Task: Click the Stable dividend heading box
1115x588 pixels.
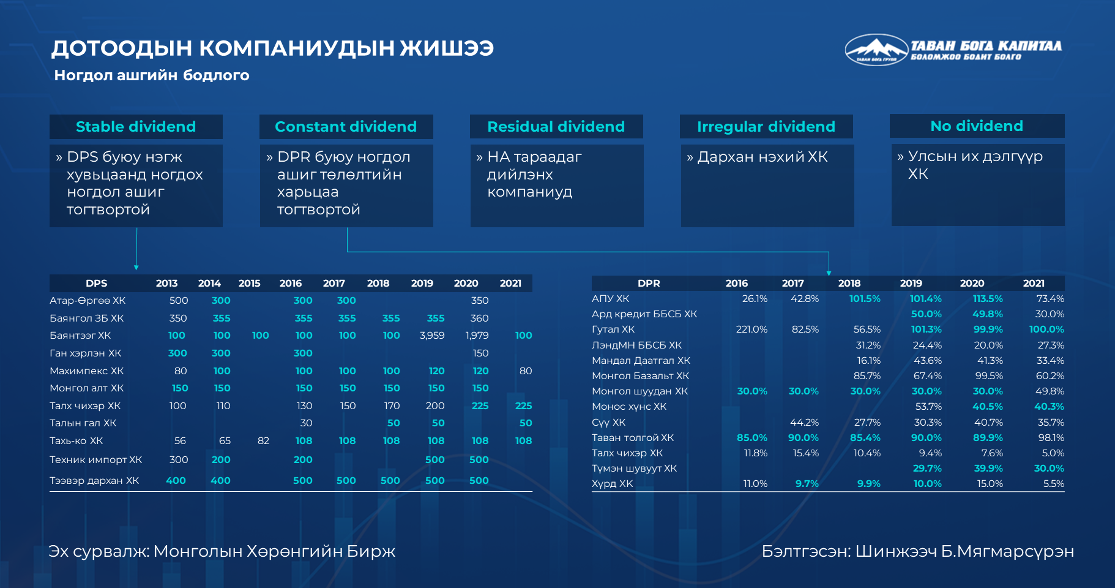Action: (x=136, y=127)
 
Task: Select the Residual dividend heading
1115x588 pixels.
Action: (x=556, y=127)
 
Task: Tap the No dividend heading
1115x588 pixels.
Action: (x=977, y=126)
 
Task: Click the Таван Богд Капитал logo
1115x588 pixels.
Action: (x=953, y=50)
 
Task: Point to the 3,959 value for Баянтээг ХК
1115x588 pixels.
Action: (x=432, y=336)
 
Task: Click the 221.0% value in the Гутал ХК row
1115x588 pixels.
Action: (x=751, y=330)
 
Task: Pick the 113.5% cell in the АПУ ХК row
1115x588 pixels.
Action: (x=988, y=299)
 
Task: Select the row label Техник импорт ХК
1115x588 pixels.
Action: (x=95, y=460)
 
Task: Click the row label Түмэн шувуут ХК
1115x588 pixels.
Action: (x=634, y=469)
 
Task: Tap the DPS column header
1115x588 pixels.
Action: (x=97, y=283)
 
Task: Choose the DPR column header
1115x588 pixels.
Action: (x=649, y=283)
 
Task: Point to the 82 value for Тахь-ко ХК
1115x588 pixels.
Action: (x=263, y=441)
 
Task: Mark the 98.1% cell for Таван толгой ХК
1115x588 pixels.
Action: (x=1051, y=438)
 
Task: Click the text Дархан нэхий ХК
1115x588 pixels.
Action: (x=763, y=157)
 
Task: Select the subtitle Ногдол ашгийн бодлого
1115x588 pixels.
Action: (x=152, y=75)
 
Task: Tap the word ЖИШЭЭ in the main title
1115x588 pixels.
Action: (x=447, y=48)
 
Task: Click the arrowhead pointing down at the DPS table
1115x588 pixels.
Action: (x=136, y=268)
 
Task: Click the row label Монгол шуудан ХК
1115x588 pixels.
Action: (x=640, y=391)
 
